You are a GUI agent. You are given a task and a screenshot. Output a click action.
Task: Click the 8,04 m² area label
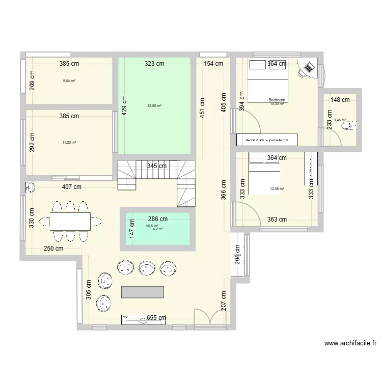pos(69,80)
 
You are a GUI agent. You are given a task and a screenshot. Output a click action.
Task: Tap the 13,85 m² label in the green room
pos(154,106)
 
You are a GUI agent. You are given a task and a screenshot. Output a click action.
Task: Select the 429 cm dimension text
pos(124,107)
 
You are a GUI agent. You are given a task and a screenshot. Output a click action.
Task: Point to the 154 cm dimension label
pos(213,64)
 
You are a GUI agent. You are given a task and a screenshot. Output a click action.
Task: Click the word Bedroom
pos(277,100)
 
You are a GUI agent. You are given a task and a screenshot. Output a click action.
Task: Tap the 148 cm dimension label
pos(340,100)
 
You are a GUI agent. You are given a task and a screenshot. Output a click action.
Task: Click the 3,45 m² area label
pos(339,121)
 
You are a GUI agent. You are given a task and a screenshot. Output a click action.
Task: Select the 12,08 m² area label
pos(277,189)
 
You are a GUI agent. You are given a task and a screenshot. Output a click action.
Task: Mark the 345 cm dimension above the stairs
pos(157,166)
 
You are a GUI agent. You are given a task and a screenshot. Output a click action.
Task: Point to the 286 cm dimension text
pos(157,219)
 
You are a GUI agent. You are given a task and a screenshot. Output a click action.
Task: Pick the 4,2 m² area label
pos(157,229)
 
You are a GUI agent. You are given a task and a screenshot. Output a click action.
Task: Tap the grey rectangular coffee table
pos(143,292)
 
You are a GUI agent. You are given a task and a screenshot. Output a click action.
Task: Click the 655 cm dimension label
pos(156,318)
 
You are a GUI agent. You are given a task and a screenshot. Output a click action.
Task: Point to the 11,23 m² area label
pos(69,143)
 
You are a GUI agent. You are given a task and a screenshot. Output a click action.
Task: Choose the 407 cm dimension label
pos(71,187)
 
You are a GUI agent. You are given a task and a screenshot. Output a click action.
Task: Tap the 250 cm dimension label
pos(53,249)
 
